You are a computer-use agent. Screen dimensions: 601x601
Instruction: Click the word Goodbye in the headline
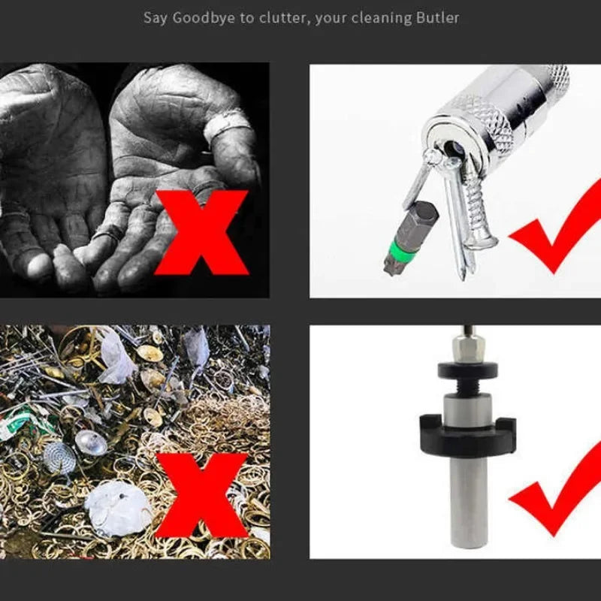(204, 18)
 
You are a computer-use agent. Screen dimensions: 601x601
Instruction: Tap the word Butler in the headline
(437, 18)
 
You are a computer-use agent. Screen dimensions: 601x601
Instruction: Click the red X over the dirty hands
(201, 232)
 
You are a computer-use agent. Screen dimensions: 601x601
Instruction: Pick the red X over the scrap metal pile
(202, 495)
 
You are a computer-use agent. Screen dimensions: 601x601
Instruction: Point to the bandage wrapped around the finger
(228, 125)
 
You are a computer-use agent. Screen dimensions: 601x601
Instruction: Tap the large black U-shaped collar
(467, 434)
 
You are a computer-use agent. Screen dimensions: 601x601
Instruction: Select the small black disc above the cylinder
(468, 369)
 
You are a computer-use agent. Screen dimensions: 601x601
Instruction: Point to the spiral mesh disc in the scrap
(59, 457)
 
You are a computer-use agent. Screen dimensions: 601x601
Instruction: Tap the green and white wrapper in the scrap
(23, 424)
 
